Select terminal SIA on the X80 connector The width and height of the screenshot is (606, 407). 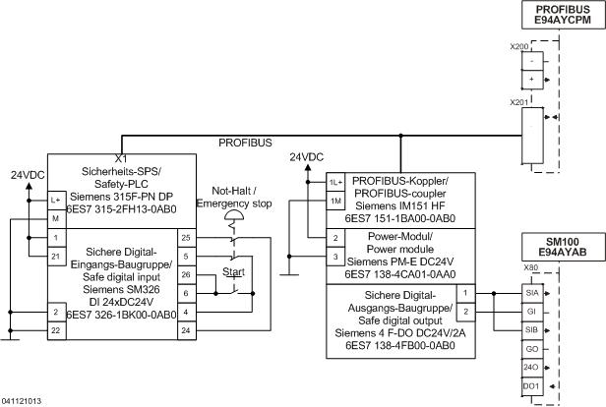530,293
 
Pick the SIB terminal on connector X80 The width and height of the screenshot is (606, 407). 530,329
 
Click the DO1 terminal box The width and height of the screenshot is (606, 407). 530,384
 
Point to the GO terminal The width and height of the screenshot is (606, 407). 530,348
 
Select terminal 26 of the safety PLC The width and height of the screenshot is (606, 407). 186,274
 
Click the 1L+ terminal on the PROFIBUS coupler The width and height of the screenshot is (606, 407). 335,183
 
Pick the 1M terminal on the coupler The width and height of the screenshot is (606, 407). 335,201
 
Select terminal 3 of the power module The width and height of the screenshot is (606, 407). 335,257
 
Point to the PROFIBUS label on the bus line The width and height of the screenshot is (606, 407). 247,144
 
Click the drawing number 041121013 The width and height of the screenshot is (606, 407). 22,401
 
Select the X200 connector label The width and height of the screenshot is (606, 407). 519,46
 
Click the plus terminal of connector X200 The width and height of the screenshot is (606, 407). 531,78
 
